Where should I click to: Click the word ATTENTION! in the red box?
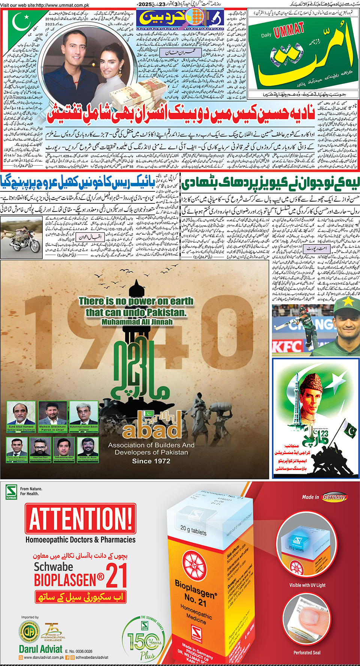pyautogui.click(x=80, y=519)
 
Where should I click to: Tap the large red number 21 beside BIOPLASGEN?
pyautogui.click(x=116, y=576)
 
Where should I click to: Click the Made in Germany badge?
pyautogui.click(x=325, y=497)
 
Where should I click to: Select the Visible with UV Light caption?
pyautogui.click(x=307, y=585)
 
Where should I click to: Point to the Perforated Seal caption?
pyautogui.click(x=307, y=653)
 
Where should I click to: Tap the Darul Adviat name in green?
pyautogui.click(x=40, y=649)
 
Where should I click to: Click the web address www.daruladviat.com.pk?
pyautogui.click(x=44, y=657)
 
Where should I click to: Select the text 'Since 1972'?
pyautogui.click(x=151, y=461)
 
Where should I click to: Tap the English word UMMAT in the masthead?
pyautogui.click(x=289, y=30)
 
